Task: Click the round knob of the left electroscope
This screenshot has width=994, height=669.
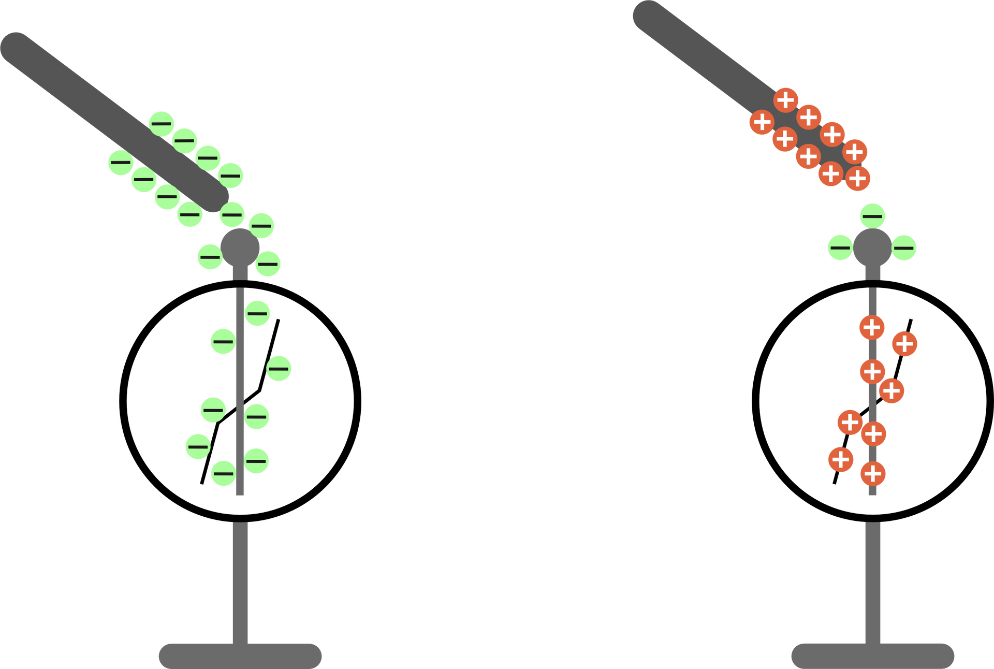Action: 240,248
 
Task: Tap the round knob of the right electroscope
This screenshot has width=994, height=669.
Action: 872,248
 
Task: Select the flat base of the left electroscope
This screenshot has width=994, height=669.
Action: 240,655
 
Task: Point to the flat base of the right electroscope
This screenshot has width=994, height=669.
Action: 872,655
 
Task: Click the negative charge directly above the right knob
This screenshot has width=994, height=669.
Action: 872,216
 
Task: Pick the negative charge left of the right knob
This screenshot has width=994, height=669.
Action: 840,248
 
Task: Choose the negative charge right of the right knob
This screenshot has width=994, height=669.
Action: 904,248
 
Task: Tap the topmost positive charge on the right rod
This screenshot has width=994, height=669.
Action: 786,99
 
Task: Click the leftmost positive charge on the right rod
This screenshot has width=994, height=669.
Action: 761,123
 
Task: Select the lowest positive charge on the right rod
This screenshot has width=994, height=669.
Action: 858,179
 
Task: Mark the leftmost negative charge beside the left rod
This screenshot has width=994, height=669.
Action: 121,163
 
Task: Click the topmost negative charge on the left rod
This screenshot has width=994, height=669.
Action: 162,123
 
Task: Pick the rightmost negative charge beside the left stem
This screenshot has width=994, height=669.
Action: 280,369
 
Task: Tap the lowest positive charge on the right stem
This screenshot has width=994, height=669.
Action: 873,473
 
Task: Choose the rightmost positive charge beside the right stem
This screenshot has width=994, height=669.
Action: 904,344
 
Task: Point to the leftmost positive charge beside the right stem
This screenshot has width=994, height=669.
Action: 840,459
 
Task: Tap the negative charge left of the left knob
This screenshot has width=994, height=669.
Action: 210,256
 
